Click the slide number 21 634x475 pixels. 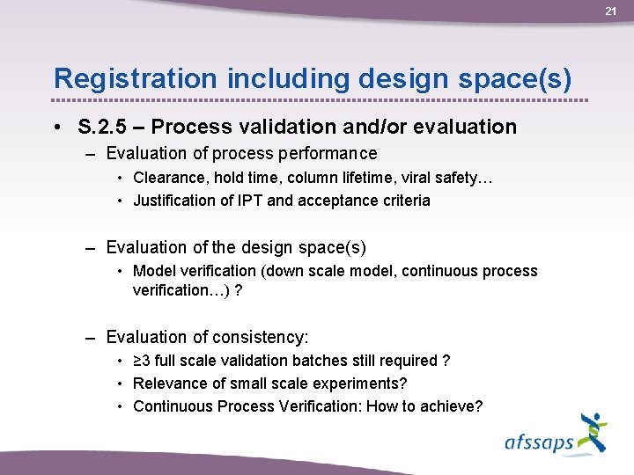point(611,11)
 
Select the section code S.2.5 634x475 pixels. point(100,127)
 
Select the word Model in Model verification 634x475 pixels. point(152,271)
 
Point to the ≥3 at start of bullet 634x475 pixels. point(142,361)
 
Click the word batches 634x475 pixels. point(327,361)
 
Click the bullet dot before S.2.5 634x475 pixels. point(56,128)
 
